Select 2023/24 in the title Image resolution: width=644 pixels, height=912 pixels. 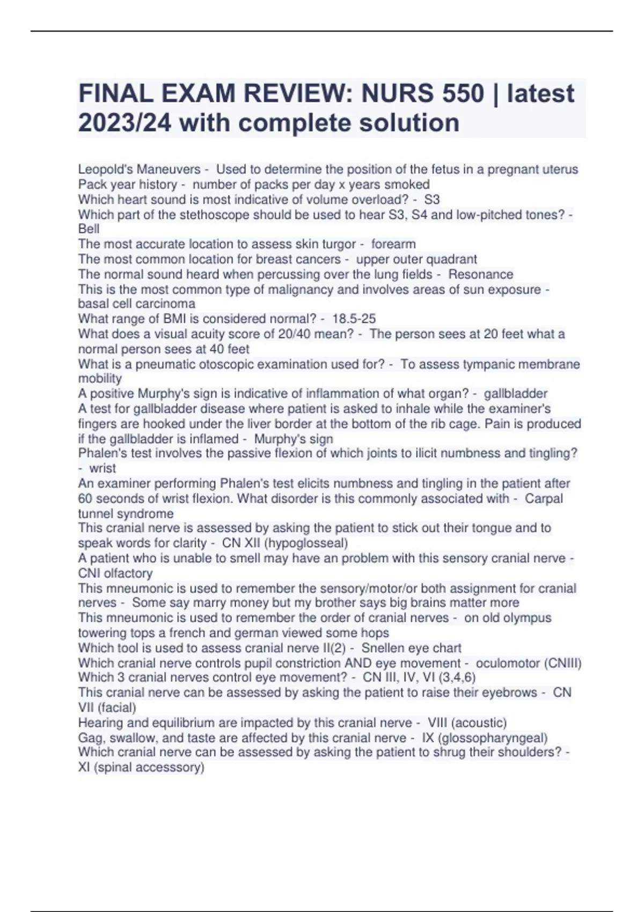(125, 123)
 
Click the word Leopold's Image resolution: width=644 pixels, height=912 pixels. (105, 170)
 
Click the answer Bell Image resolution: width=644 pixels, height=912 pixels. (89, 229)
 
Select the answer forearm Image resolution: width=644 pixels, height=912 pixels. (393, 244)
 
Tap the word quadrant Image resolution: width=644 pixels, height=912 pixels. (452, 259)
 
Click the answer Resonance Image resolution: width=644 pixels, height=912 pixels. (480, 274)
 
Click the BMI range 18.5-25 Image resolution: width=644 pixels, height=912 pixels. (354, 319)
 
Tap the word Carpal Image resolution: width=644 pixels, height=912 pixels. (544, 498)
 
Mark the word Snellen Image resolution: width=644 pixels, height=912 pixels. (385, 648)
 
